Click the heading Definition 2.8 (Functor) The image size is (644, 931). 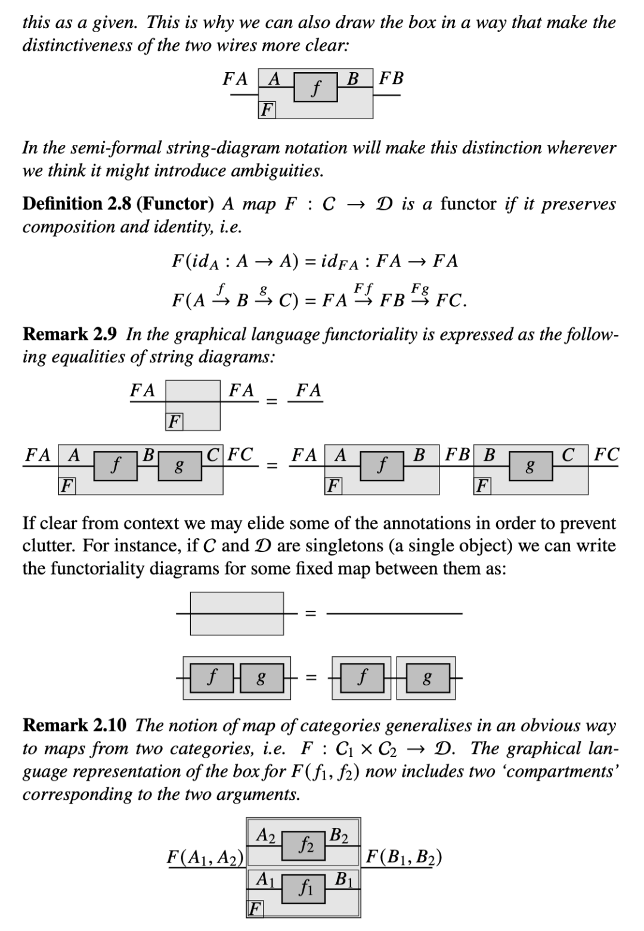118,204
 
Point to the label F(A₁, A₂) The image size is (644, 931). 206,857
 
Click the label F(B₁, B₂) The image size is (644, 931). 404,857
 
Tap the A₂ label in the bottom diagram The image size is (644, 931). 265,835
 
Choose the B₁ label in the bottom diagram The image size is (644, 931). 344,879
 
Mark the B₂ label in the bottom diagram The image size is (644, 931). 340,835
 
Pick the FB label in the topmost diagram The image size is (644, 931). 391,78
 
